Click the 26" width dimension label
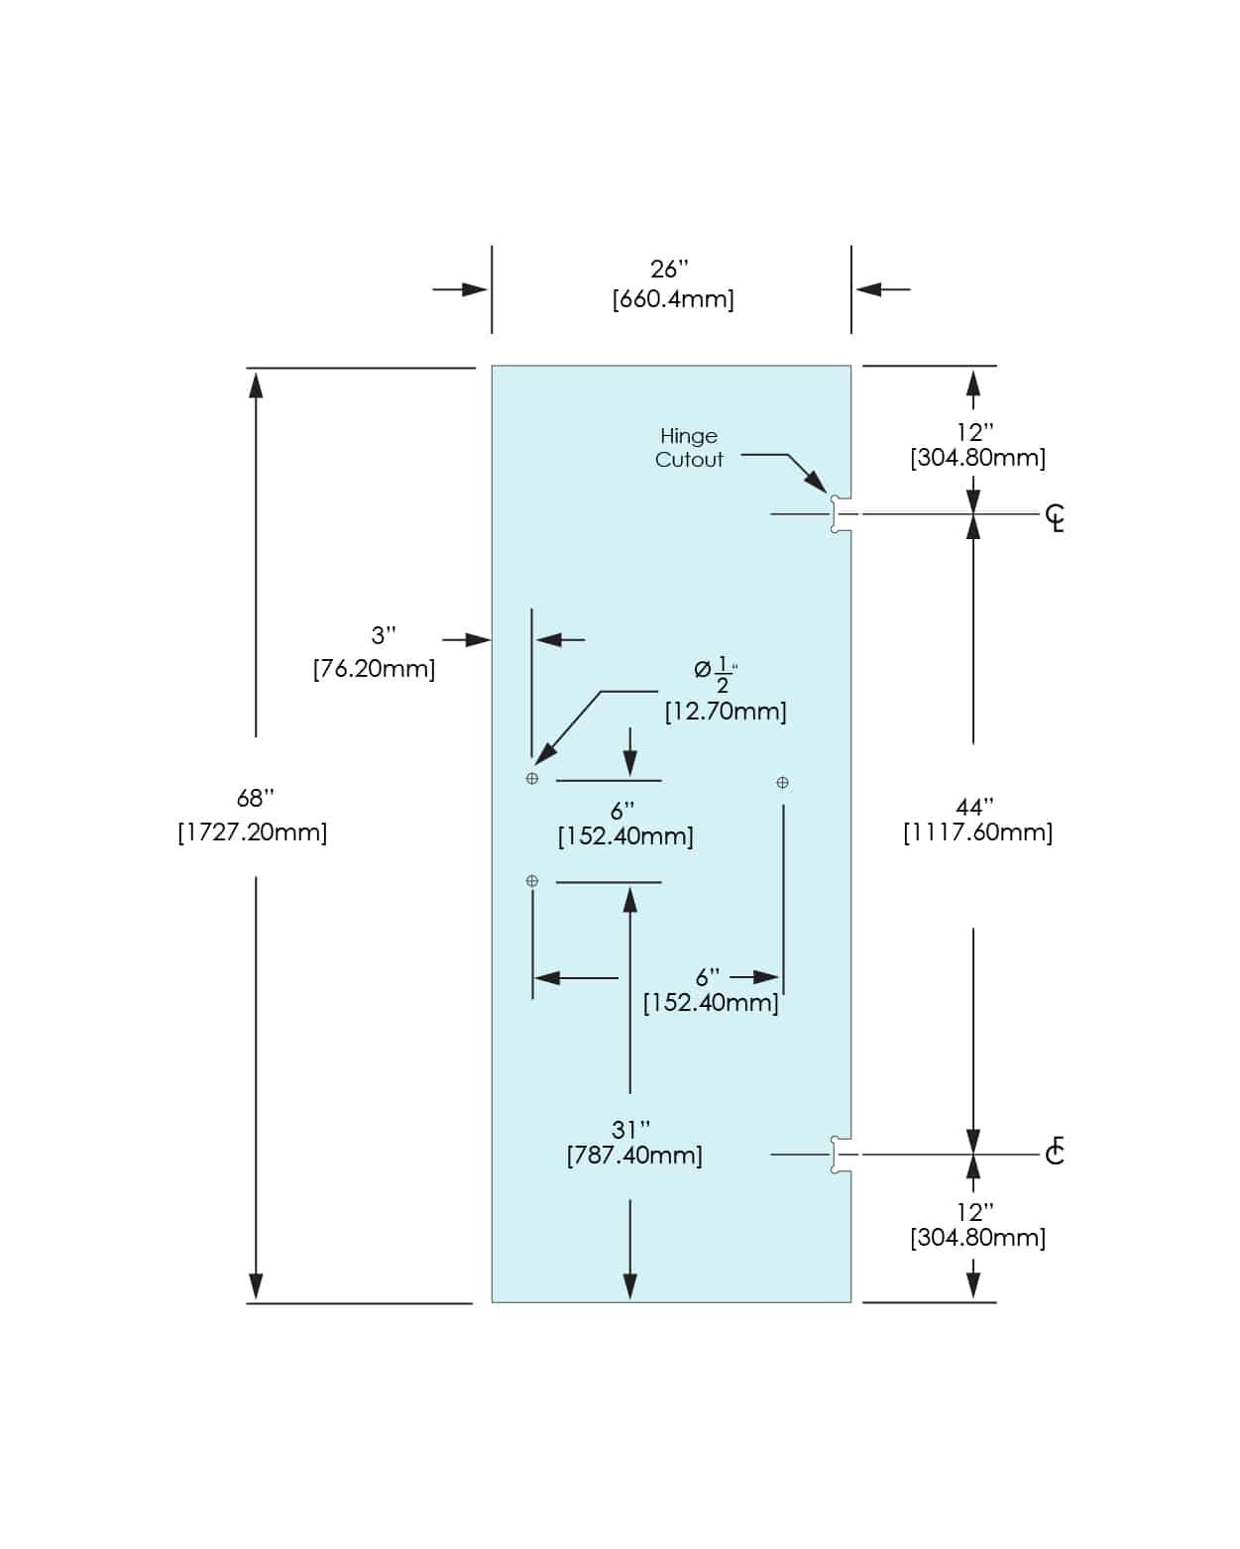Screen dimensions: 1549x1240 click(x=669, y=270)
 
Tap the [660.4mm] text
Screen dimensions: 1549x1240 click(x=673, y=299)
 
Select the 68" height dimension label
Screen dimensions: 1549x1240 click(x=256, y=799)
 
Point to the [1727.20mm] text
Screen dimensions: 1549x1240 click(x=253, y=831)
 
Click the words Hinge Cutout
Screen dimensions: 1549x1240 click(x=689, y=448)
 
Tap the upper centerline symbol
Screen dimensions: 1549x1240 click(x=1056, y=517)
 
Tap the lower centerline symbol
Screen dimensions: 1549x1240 click(x=1055, y=1152)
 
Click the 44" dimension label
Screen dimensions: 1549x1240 click(x=975, y=808)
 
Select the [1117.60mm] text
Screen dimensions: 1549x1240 click(x=977, y=832)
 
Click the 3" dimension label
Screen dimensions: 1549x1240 click(x=384, y=635)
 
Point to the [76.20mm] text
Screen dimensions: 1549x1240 click(x=374, y=669)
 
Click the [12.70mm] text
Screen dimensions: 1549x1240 click(x=726, y=712)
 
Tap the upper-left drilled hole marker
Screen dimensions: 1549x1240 click(x=532, y=779)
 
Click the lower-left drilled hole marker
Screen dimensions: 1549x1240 click(x=532, y=881)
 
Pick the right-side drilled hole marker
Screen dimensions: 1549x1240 click(x=782, y=783)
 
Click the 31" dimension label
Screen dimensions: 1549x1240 click(x=631, y=1130)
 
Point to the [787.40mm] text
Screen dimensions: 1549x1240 click(x=634, y=1156)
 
